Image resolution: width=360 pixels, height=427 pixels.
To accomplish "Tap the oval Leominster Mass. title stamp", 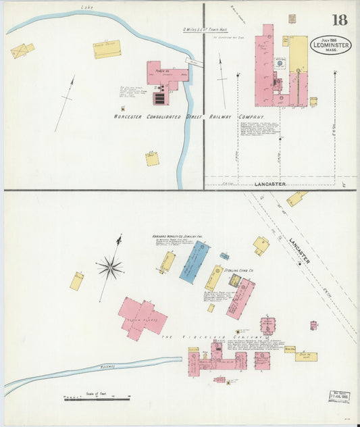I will pyautogui.click(x=331, y=45).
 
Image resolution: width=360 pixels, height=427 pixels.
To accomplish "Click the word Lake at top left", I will pyautogui.click(x=86, y=7).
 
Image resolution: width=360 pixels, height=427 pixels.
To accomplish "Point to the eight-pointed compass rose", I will pyautogui.click(x=109, y=268).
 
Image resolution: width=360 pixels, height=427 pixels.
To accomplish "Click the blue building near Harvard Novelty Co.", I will pyautogui.click(x=194, y=261).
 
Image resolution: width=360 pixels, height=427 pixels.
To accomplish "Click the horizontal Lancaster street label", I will pyautogui.click(x=270, y=184).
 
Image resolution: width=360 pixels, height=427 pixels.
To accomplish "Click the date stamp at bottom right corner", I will pyautogui.click(x=339, y=396).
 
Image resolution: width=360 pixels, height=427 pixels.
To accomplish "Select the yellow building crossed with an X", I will pyautogui.click(x=22, y=51).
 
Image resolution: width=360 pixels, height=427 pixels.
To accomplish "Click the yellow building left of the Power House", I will pyautogui.click(x=107, y=49).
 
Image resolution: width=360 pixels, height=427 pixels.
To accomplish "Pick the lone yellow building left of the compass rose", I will pyautogui.click(x=77, y=281).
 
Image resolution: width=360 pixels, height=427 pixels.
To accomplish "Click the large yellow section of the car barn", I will pyautogui.click(x=298, y=54).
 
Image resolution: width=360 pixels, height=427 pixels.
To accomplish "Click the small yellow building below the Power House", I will pyautogui.click(x=152, y=159).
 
